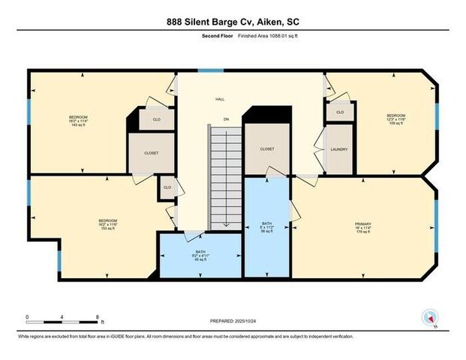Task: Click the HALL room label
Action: point(221,99)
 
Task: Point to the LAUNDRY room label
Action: point(339,149)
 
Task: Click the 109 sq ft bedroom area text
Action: point(397,123)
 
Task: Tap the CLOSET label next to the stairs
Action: point(267,149)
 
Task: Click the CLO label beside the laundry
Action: point(340,112)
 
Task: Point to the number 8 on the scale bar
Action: point(98,317)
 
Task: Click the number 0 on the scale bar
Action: point(27,317)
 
